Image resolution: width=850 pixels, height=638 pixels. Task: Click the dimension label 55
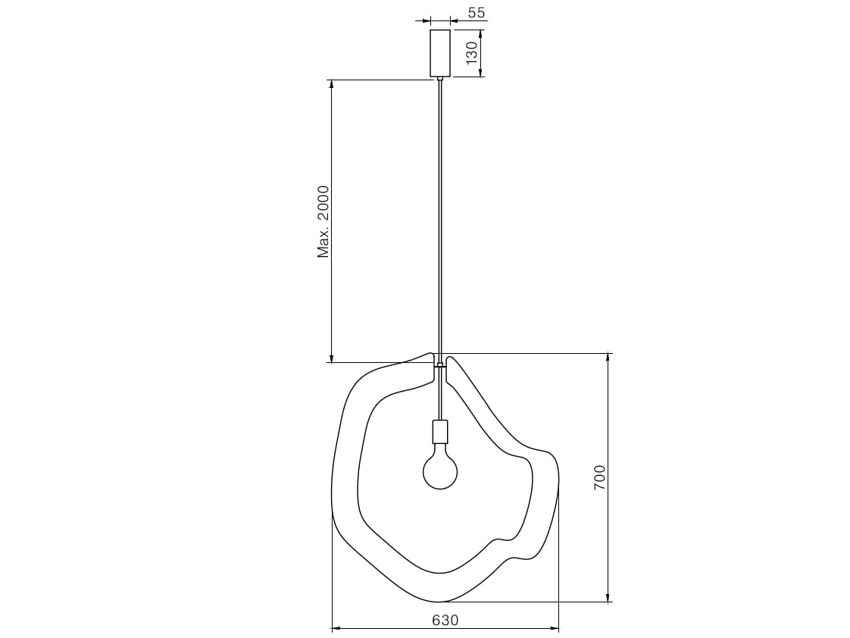click(477, 12)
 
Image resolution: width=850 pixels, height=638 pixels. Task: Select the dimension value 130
click(472, 52)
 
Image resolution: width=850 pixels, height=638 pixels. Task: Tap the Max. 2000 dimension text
click(323, 222)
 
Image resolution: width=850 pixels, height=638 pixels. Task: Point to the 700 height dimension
click(599, 477)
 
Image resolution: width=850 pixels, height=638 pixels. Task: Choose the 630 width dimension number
click(445, 620)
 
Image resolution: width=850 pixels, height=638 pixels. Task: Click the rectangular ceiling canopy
click(439, 53)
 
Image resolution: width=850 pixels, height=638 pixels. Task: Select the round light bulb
click(440, 470)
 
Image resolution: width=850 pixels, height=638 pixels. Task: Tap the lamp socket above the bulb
click(440, 431)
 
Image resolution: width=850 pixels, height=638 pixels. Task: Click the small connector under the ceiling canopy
click(439, 79)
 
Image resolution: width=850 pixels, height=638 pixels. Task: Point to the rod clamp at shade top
click(440, 365)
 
